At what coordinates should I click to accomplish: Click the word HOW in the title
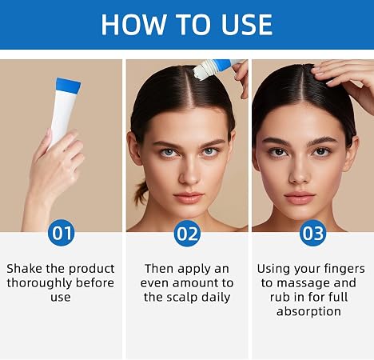[x=134, y=25]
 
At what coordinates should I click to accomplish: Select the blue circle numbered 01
[x=62, y=233]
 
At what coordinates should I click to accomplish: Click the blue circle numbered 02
[x=187, y=234]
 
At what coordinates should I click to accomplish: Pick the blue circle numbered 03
[x=312, y=233]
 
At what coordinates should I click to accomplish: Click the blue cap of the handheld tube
[x=68, y=86]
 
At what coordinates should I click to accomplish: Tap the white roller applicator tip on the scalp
[x=201, y=71]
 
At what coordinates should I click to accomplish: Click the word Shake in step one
[x=25, y=269]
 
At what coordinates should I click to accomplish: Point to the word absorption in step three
[x=308, y=312]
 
